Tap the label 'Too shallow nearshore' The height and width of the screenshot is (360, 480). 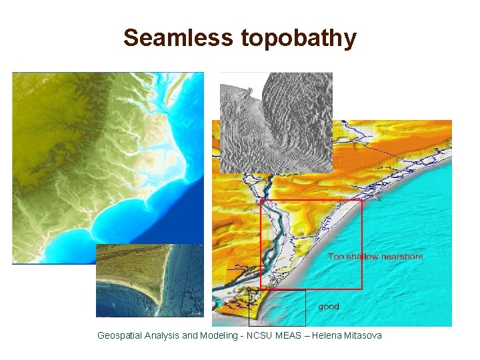[x=375, y=256]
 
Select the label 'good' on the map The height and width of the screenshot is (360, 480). [x=329, y=307]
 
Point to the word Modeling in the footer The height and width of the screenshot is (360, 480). [x=220, y=335]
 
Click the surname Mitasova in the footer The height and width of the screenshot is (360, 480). [x=364, y=335]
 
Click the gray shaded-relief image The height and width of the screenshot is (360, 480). [x=276, y=120]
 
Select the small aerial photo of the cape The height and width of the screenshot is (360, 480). [x=149, y=280]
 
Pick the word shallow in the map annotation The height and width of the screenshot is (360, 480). [x=361, y=256]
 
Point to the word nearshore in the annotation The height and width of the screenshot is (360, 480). [x=402, y=256]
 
